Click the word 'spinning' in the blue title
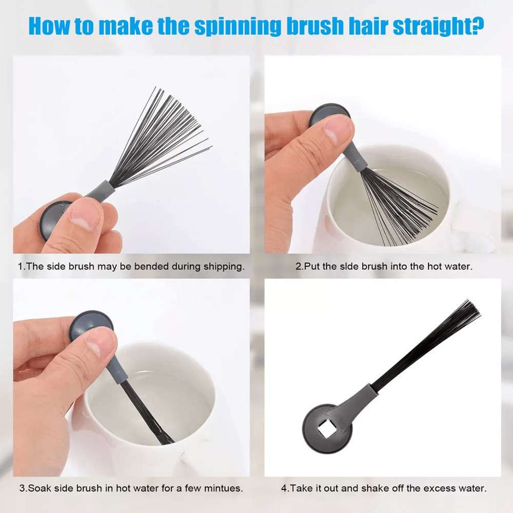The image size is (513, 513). [238, 26]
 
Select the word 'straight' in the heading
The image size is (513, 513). [431, 26]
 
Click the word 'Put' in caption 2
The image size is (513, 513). [312, 266]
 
